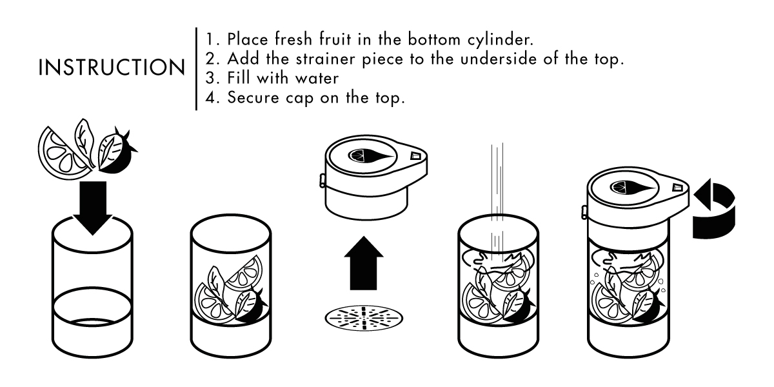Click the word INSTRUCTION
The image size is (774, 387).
click(112, 67)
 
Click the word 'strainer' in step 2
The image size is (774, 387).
click(325, 59)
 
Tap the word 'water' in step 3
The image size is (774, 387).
click(317, 78)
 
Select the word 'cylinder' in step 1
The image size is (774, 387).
click(501, 40)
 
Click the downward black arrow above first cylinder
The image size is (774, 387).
click(93, 208)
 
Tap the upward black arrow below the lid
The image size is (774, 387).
click(364, 263)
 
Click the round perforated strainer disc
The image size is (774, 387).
click(364, 318)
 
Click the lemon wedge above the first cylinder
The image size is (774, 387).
click(63, 154)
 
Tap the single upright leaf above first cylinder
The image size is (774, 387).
click(84, 141)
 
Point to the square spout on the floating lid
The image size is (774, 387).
click(415, 155)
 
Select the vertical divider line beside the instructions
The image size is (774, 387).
click(196, 69)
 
